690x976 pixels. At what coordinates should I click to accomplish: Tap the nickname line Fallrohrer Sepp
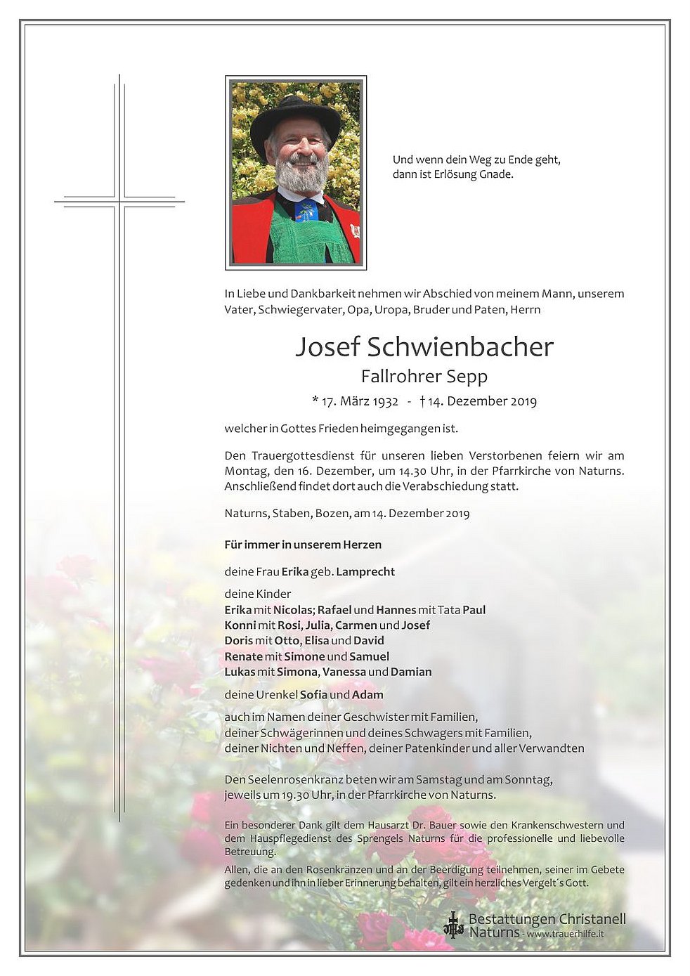[x=424, y=377]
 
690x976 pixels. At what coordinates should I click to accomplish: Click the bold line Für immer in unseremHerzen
[x=303, y=545]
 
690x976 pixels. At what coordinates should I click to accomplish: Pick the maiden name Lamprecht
[x=365, y=572]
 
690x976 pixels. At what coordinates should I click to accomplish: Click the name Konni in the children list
[x=240, y=625]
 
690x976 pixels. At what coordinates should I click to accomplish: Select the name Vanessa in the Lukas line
[x=344, y=672]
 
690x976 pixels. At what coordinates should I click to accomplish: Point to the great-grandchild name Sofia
[x=313, y=695]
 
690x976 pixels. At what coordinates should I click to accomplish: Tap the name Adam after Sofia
[x=367, y=695]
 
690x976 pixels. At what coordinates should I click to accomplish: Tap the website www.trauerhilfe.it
[x=565, y=935]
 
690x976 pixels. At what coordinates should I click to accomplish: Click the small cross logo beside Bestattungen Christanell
[x=454, y=925]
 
